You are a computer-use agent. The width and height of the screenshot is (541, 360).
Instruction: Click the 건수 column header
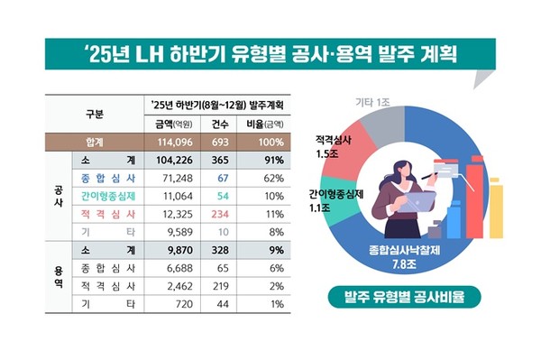click(225, 125)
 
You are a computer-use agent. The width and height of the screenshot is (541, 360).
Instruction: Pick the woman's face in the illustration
click(400, 168)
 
